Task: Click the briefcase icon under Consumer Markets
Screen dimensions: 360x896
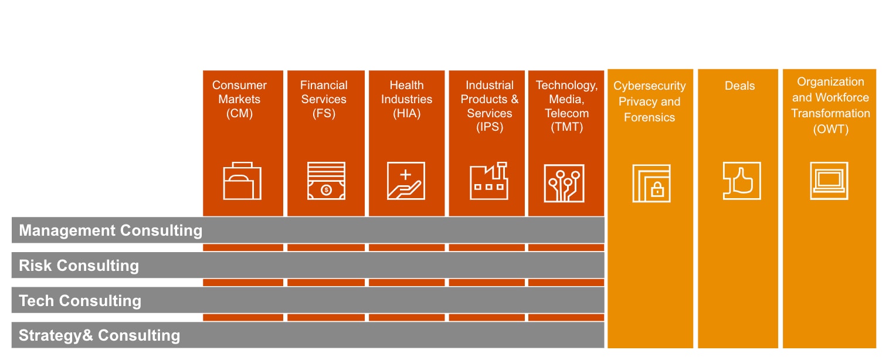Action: (x=242, y=181)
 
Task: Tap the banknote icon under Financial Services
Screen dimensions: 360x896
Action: (x=326, y=181)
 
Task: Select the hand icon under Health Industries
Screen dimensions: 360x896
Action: (x=406, y=181)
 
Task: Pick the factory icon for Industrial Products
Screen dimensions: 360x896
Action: (x=489, y=181)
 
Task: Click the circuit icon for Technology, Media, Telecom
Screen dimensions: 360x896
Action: (x=564, y=183)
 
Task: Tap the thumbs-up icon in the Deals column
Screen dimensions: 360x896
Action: (x=741, y=181)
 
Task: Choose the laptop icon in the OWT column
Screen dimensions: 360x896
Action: (x=829, y=181)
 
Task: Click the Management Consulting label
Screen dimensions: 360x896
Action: (x=111, y=230)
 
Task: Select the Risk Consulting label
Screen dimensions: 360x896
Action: (x=79, y=266)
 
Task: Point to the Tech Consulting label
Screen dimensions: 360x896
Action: (x=80, y=301)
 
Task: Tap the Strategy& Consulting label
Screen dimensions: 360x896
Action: (x=100, y=335)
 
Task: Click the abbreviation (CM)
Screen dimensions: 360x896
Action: (x=239, y=114)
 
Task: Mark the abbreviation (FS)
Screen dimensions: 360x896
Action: (x=324, y=114)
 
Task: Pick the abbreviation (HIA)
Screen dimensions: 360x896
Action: (x=406, y=114)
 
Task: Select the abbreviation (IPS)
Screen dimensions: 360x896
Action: (x=489, y=127)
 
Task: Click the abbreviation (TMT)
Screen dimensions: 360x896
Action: (x=566, y=127)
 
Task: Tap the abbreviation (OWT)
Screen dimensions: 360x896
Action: (x=831, y=130)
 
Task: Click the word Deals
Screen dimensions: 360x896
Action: (x=739, y=86)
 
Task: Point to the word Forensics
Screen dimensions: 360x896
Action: (x=649, y=117)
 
